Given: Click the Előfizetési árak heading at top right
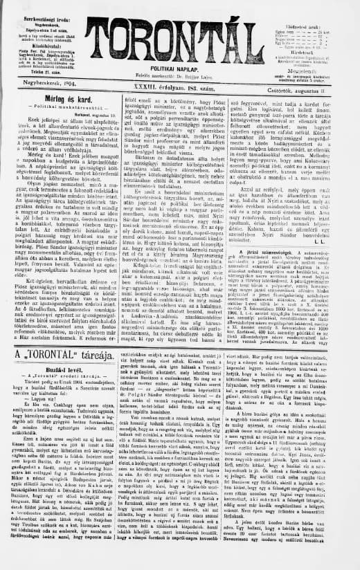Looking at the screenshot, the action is [321, 6].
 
